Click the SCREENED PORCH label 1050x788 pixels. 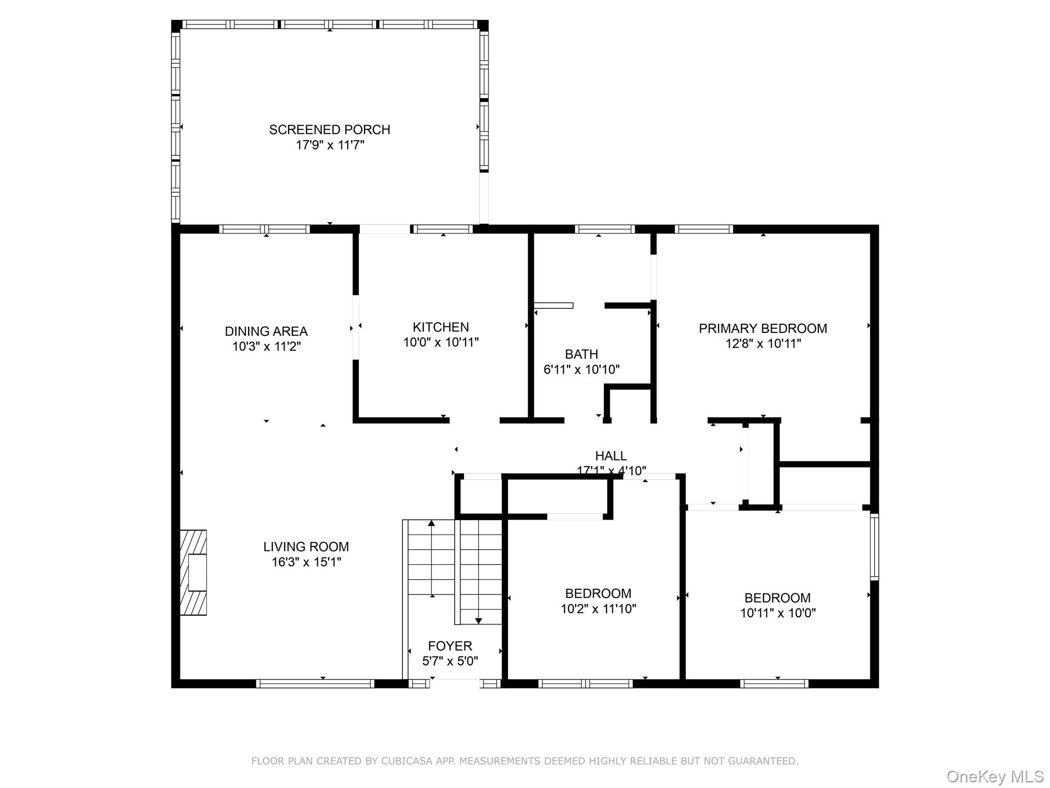330,130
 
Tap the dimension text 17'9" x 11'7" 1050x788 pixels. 330,145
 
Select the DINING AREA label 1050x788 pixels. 266,331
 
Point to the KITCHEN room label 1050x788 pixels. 440,327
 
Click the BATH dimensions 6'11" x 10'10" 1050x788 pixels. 581,369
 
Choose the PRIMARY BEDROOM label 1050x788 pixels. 762,329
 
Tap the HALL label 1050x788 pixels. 611,456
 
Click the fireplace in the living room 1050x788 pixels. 193,573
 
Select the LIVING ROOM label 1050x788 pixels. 306,547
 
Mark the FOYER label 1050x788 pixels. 450,646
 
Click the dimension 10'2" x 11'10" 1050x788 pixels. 598,609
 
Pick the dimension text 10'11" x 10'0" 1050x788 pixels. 777,613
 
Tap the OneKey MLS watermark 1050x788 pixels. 995,776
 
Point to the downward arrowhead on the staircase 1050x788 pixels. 478,621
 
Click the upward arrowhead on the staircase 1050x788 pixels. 432,523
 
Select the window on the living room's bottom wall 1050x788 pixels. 315,683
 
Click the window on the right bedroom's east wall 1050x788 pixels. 874,547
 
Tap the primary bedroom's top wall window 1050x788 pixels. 703,229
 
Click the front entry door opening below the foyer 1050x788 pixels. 455,683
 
